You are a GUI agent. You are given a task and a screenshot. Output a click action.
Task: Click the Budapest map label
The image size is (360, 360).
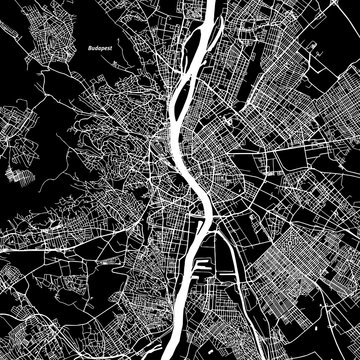coord(102,47)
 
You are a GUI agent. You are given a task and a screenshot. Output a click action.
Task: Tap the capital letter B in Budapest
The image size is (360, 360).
coord(91,47)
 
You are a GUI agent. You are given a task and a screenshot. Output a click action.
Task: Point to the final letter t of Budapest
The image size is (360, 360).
coord(114,47)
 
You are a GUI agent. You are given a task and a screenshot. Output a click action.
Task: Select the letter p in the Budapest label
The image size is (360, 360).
coord(105,48)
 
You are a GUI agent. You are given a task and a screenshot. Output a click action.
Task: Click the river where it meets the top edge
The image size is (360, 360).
coord(213,4)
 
